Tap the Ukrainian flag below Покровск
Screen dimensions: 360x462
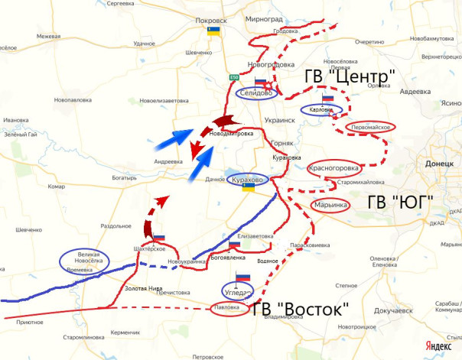click(x=213, y=31)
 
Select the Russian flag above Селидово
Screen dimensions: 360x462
click(x=259, y=83)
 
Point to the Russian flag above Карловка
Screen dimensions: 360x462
click(x=328, y=99)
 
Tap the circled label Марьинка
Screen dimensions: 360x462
click(x=331, y=205)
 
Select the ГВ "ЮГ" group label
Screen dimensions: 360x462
click(x=400, y=202)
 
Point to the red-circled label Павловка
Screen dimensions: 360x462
click(x=229, y=309)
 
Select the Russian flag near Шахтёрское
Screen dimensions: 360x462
click(x=159, y=239)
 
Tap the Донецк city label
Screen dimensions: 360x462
click(x=432, y=164)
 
